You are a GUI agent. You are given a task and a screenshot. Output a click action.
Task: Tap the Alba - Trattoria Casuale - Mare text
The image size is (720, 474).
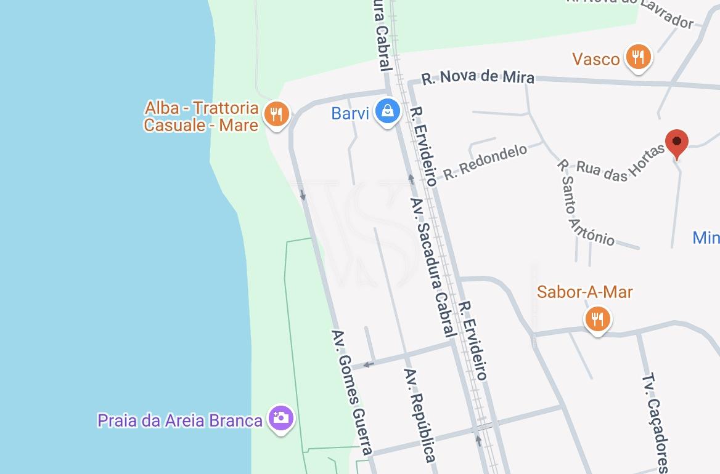coord(202,116)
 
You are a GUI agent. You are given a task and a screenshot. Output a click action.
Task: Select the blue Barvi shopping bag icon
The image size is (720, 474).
coord(387,111)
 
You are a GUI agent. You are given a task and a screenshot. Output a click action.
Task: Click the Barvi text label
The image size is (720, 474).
coord(350,113)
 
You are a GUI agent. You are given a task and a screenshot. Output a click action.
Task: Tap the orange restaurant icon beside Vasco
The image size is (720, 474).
coord(638,57)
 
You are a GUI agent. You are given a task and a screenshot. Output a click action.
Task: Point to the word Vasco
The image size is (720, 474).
coord(595,59)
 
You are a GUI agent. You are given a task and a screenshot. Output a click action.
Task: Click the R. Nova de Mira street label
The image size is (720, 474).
coord(478,78)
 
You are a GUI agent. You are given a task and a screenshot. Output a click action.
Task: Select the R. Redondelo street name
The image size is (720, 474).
coord(485,162)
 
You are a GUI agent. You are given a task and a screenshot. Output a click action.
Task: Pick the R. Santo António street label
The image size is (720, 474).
coord(585,202)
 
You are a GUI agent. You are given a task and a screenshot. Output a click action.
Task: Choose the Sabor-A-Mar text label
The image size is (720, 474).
coord(584,292)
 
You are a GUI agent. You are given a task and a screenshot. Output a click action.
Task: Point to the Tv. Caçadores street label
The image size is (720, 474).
coord(655,423)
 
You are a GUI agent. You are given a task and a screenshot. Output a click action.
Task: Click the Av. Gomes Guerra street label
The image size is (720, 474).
coord(351,393)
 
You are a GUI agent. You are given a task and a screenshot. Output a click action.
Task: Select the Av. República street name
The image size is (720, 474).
coord(420,415)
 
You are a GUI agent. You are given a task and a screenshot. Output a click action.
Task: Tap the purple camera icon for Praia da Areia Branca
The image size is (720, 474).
coord(280,418)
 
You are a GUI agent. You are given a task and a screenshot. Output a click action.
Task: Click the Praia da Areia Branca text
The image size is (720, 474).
coord(180,421)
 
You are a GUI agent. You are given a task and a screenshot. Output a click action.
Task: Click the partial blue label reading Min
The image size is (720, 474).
coord(706,238)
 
